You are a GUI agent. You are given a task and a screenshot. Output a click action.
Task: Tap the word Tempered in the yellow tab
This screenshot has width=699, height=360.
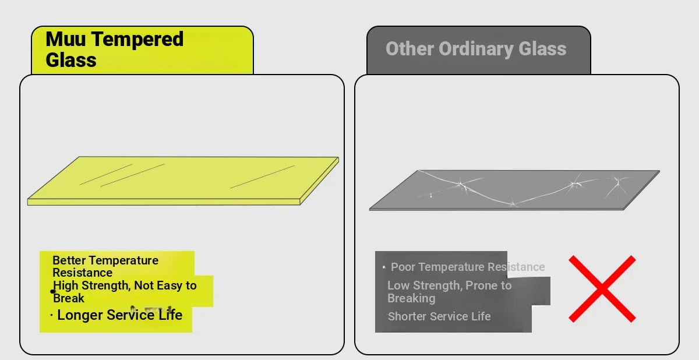137,40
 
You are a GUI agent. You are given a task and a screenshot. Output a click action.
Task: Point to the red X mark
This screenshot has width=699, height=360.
602,289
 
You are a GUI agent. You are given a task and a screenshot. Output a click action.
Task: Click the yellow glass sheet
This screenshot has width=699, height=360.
183,181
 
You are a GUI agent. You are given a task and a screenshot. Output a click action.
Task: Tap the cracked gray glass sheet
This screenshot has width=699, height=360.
514,190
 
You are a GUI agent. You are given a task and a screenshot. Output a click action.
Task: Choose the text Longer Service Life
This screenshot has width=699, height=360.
120,315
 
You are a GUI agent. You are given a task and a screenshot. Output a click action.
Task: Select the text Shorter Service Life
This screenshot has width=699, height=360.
439,316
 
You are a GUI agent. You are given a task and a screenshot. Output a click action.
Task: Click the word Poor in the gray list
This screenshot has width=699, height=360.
403,267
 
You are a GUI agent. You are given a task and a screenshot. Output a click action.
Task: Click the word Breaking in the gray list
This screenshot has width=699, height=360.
411,299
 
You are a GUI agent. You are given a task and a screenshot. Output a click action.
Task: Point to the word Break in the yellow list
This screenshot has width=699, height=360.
69,298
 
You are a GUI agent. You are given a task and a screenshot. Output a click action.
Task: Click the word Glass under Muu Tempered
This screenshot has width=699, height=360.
71,60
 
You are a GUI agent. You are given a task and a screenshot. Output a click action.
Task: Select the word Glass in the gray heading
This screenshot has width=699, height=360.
542,49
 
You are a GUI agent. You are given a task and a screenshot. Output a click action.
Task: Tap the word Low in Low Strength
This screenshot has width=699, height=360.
398,285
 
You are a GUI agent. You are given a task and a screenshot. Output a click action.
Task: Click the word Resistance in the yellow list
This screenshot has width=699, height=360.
82,273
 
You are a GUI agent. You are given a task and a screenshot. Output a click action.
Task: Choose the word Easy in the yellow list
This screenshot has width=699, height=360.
170,286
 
